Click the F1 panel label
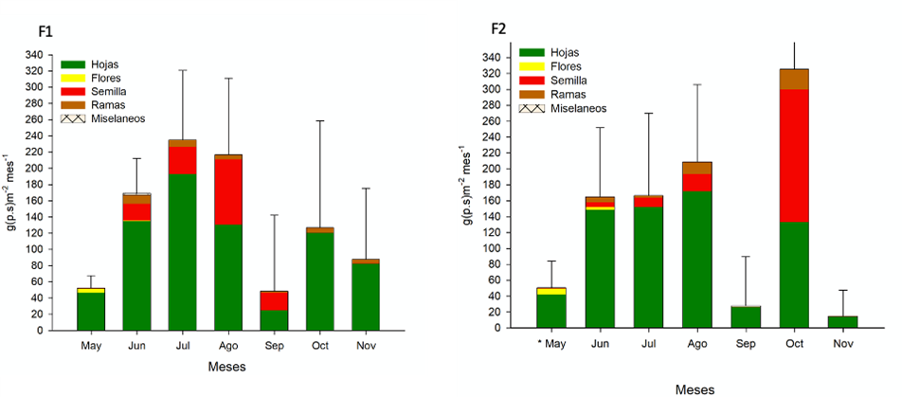pos(45,32)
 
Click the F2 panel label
pos(498,29)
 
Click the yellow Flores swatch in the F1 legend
pos(72,78)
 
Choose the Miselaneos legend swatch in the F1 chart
pos(72,117)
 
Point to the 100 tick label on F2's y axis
pos(490,248)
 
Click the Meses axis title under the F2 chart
pos(695,389)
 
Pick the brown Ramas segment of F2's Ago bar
pos(696,168)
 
